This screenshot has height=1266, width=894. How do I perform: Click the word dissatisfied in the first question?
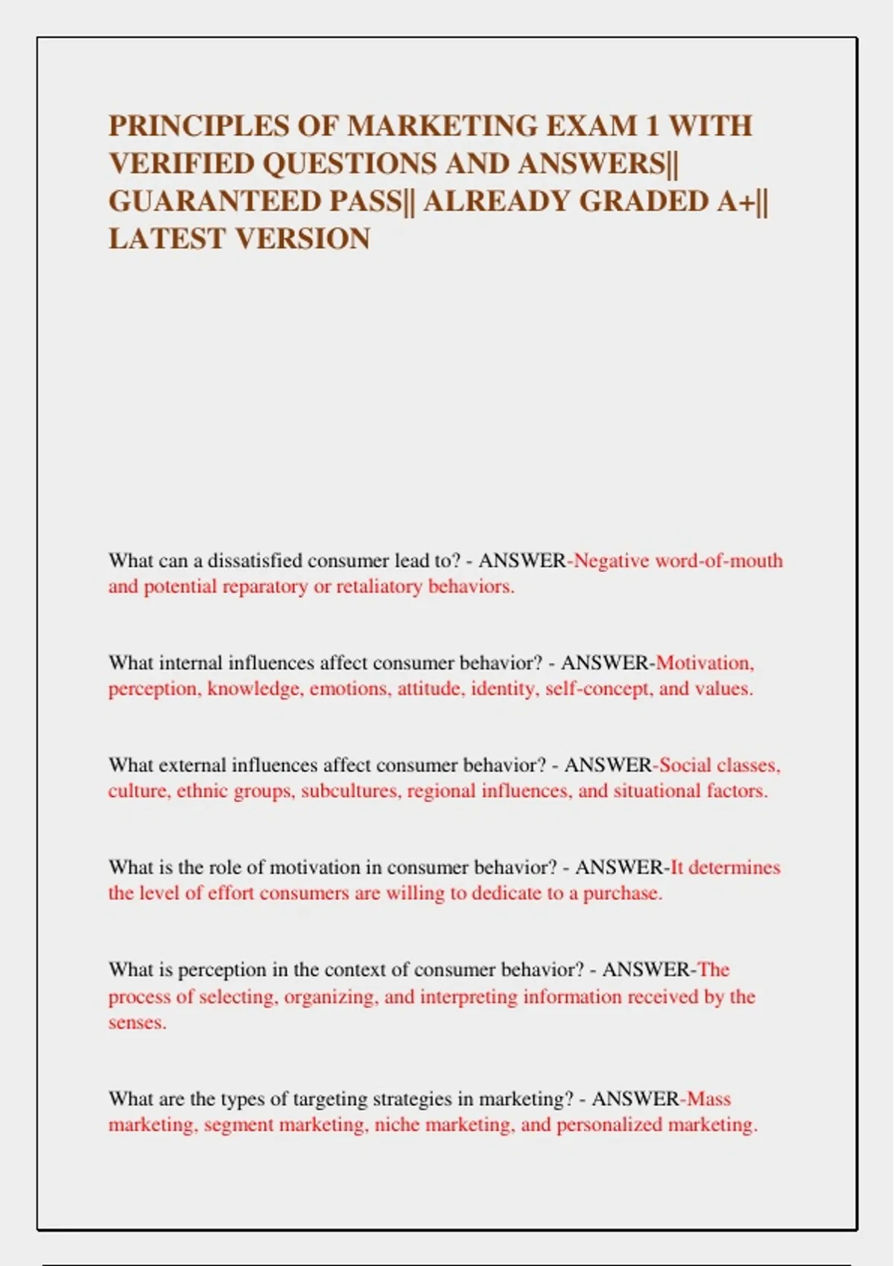255,560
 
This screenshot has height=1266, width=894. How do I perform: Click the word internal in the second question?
191,662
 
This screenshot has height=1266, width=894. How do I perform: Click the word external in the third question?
192,765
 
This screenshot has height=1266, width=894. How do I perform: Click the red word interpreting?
469,996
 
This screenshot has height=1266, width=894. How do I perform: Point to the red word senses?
137,1022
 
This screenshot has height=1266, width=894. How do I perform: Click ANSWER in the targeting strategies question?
635,1098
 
